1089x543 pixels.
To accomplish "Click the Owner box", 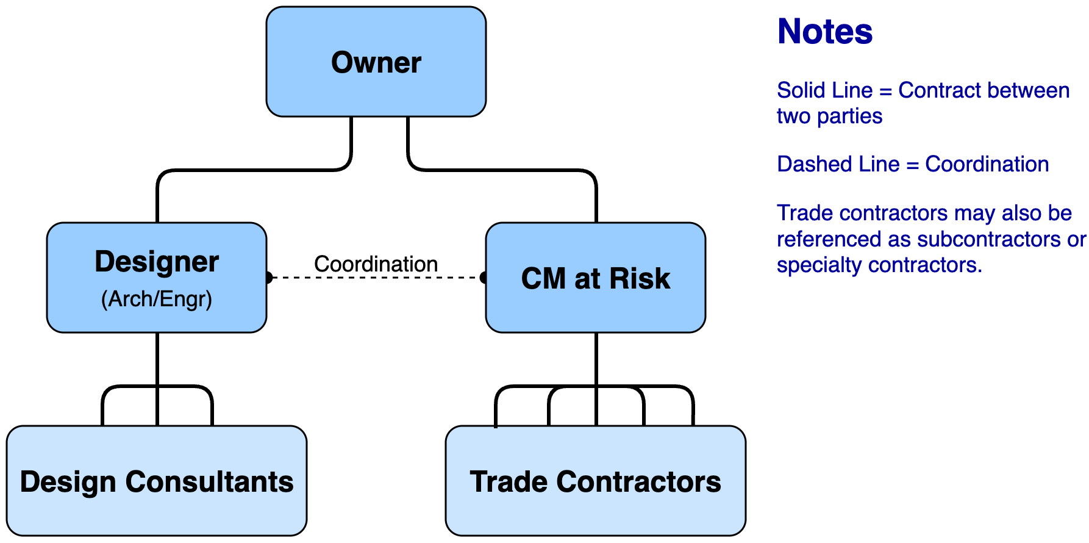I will click(376, 62).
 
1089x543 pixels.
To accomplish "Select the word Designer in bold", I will click(157, 262).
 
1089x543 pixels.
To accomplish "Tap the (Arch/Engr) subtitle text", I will click(157, 299).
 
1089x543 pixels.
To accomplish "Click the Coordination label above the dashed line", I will click(376, 264).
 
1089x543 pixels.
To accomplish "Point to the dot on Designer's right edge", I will click(268, 278).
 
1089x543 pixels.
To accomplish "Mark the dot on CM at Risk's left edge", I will click(484, 278).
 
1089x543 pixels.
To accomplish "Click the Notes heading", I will click(825, 32).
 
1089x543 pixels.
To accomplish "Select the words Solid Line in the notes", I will click(824, 90).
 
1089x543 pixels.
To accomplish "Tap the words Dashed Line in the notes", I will click(838, 164).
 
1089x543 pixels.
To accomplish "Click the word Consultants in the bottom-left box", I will click(209, 482).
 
